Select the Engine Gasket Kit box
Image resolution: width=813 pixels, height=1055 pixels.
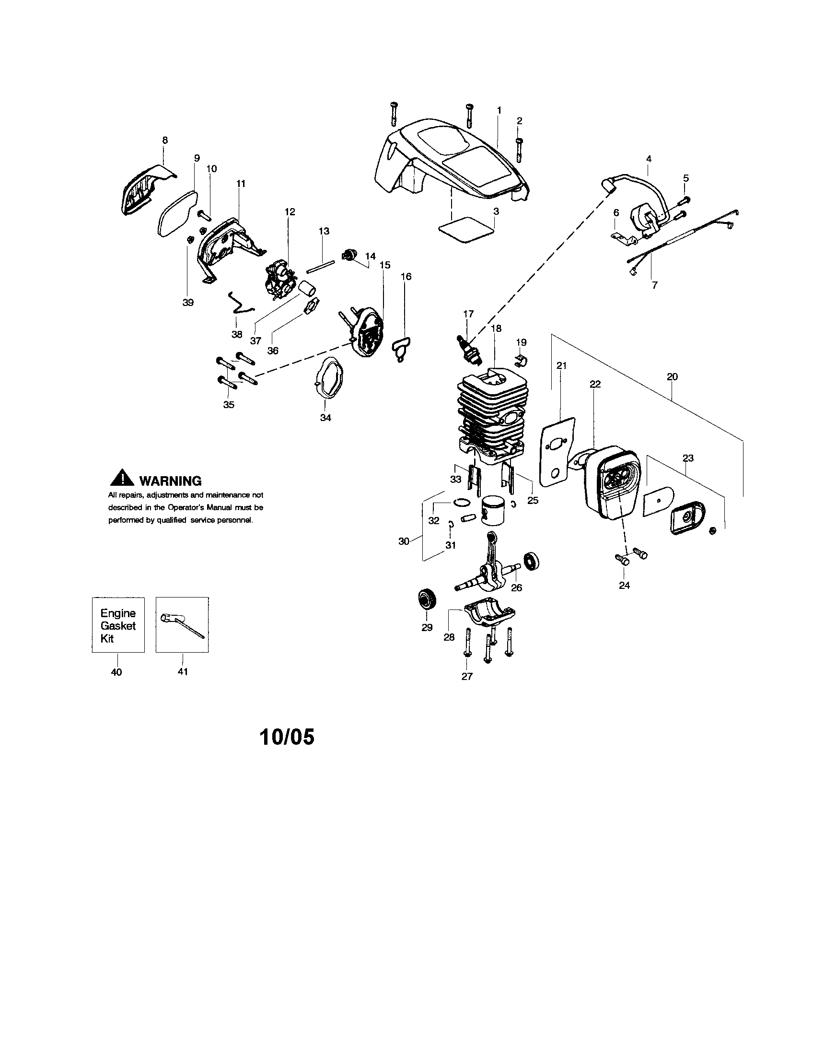pyautogui.click(x=118, y=625)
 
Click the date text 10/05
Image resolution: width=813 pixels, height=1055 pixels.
pyautogui.click(x=287, y=737)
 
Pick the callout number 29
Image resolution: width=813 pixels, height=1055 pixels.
pyautogui.click(x=427, y=628)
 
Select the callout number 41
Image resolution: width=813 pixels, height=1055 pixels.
pyautogui.click(x=183, y=671)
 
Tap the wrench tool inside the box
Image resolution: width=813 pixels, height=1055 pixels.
pyautogui.click(x=182, y=625)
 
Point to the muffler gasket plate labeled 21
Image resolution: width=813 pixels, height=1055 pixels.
pyautogui.click(x=557, y=452)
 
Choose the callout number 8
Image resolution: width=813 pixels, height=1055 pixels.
pyautogui.click(x=165, y=140)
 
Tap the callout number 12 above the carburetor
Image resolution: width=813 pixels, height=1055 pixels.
pyautogui.click(x=290, y=211)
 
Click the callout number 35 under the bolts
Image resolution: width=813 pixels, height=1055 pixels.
pyautogui.click(x=229, y=404)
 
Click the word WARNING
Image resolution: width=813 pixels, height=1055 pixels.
pyautogui.click(x=170, y=481)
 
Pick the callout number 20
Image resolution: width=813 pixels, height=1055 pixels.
pyautogui.click(x=672, y=376)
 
